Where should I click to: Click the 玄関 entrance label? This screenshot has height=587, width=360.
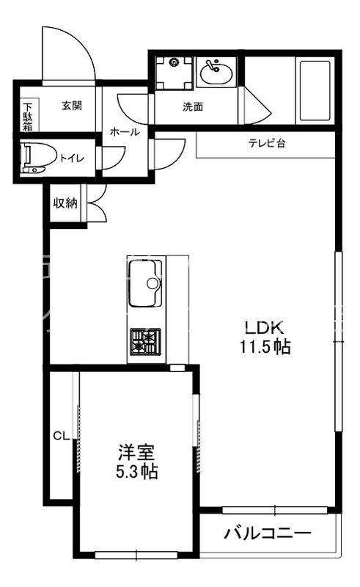pyautogui.click(x=72, y=106)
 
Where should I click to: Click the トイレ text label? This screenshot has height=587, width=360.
pyautogui.click(x=71, y=158)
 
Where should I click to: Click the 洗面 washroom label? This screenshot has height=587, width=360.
pyautogui.click(x=193, y=107)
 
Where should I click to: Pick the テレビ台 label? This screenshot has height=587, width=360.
pyautogui.click(x=266, y=144)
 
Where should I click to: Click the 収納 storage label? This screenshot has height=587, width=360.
pyautogui.click(x=65, y=203)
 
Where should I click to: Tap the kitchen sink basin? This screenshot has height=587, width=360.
pyautogui.click(x=146, y=283)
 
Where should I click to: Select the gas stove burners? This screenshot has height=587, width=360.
pyautogui.click(x=146, y=343)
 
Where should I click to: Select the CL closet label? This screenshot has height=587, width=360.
pyautogui.click(x=61, y=436)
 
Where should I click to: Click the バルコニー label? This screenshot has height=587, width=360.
pyautogui.click(x=268, y=533)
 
